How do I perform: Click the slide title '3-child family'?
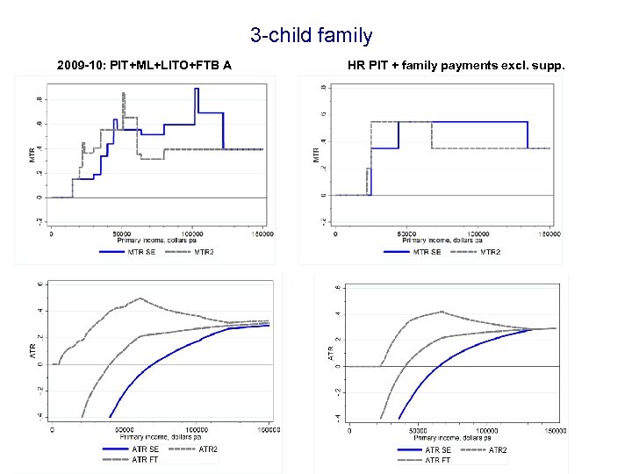311,36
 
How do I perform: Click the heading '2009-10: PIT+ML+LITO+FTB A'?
144,65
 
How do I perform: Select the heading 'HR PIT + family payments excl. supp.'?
456,65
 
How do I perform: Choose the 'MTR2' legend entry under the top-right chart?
492,251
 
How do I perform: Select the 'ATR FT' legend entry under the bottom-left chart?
146,460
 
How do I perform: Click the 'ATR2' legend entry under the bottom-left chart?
208,449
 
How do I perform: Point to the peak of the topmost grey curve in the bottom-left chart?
140,298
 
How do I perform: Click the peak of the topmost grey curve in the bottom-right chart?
442,311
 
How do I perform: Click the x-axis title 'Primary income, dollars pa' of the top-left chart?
158,241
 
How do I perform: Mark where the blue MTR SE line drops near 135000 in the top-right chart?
528,135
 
